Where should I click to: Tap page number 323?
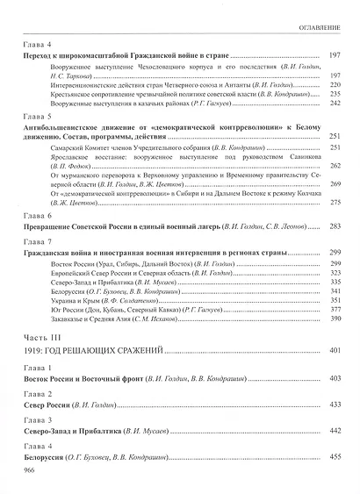(335, 275)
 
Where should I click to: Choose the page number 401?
(335, 351)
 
